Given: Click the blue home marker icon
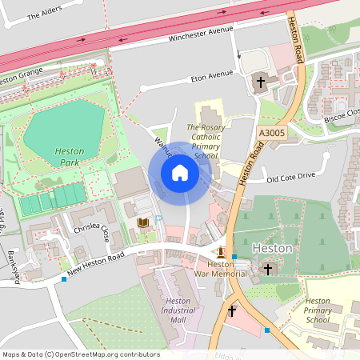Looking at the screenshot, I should coord(179,172).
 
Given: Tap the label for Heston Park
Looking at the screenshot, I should coord(70,156).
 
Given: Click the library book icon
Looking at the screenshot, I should coord(143,222).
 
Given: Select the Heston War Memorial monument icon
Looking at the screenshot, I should coord(220,251).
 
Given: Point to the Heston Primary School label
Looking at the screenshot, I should coord(306,310).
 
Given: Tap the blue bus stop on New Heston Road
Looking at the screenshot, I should coord(63,278).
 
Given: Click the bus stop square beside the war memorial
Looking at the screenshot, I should coord(234,257).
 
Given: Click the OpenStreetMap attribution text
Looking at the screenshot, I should coord(80,354).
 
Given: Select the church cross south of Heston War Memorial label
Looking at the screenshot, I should coord(232,310).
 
